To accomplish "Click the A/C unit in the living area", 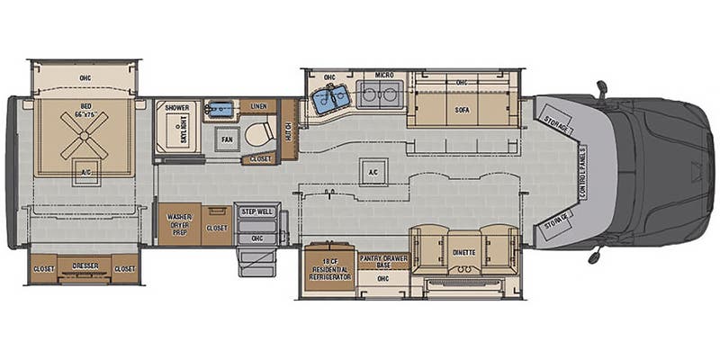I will (370, 173).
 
